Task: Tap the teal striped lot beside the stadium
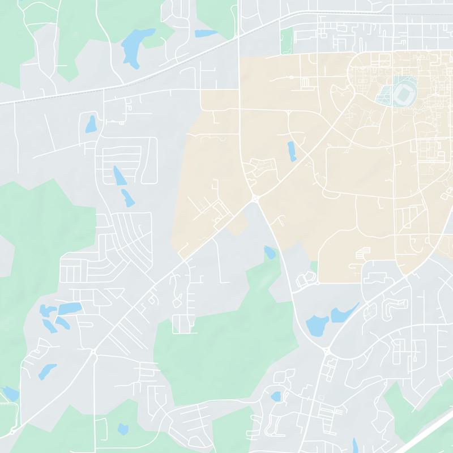(x=386, y=95)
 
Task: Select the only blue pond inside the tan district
(x=292, y=151)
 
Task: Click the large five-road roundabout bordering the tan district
(x=256, y=199)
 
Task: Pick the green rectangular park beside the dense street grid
(x=287, y=40)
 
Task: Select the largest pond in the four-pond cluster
(x=68, y=308)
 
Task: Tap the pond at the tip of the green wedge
(x=269, y=252)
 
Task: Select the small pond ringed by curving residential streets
(x=276, y=396)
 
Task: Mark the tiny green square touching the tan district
(x=314, y=266)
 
